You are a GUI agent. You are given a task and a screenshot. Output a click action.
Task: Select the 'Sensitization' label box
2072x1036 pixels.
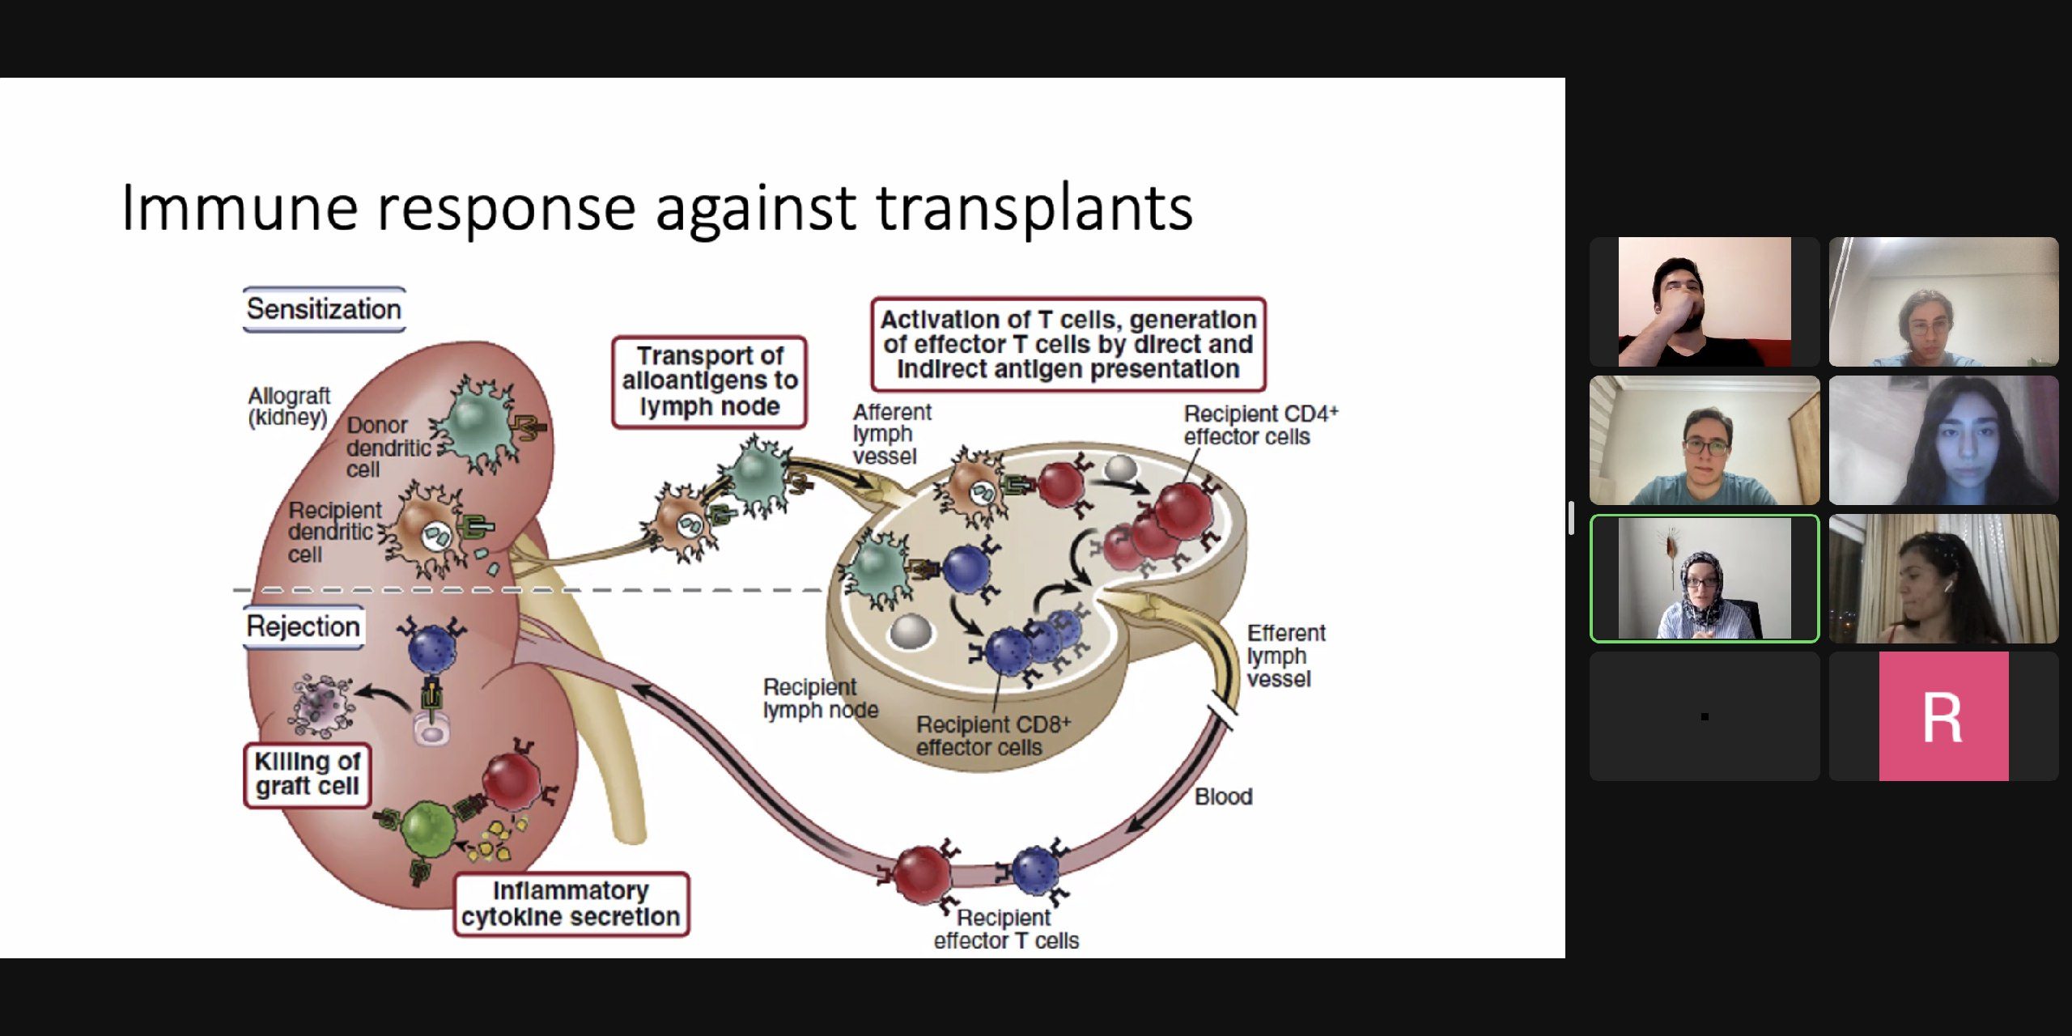[x=324, y=309]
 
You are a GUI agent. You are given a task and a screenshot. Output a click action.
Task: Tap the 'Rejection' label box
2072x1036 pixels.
[x=304, y=626]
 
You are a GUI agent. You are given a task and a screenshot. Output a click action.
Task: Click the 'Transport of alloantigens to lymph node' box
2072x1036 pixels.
[x=710, y=381]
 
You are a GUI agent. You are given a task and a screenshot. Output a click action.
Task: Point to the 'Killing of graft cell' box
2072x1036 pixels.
[x=307, y=775]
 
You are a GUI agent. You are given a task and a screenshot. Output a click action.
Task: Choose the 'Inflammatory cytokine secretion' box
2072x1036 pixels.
[x=571, y=904]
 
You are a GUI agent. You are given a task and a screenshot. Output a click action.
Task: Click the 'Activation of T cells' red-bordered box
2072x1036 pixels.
[x=1068, y=344]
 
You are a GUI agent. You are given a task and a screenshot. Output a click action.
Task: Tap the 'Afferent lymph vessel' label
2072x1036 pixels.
[x=891, y=435]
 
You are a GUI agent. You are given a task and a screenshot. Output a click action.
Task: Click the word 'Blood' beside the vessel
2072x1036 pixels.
[x=1223, y=796]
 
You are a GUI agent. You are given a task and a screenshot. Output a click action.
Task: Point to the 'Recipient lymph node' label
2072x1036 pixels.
[x=819, y=698]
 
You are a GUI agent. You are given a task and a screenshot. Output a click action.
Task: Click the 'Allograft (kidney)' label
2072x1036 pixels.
[x=289, y=406]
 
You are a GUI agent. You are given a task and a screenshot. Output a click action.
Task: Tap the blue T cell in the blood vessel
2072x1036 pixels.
[x=1035, y=869]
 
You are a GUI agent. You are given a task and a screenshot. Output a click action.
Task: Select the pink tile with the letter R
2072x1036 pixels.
[x=1943, y=716]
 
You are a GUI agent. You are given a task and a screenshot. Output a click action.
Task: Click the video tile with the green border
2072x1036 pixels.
[x=1705, y=578]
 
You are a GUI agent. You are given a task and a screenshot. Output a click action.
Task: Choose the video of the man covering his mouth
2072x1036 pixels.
[x=1705, y=302]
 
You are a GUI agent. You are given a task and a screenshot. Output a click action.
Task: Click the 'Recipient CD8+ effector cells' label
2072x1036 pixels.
[x=992, y=736]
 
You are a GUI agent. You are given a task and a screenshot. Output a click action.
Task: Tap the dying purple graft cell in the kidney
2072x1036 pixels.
[x=322, y=704]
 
